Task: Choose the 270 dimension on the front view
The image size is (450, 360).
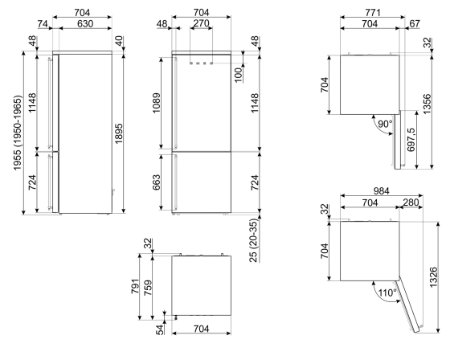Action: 202,25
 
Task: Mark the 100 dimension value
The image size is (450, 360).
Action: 239,75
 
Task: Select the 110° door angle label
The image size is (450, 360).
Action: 387,293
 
